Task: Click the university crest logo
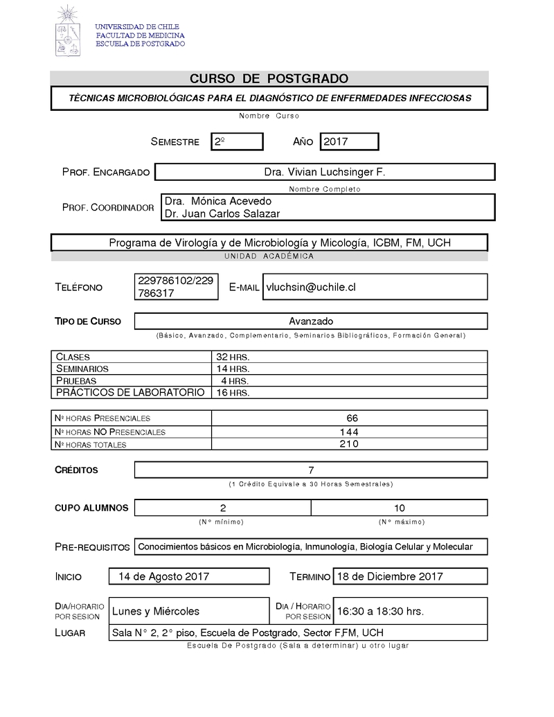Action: click(69, 32)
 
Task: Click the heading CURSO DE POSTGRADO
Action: click(269, 79)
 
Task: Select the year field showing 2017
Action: click(348, 141)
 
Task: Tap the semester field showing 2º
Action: click(236, 141)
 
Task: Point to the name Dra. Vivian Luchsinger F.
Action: click(324, 172)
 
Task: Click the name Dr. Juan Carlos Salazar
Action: click(222, 214)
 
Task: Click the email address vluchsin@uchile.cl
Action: click(311, 287)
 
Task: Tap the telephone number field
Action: click(176, 287)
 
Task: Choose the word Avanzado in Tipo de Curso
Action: click(311, 321)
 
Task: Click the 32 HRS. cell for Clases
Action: click(233, 357)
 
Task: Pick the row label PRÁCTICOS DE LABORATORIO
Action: click(130, 392)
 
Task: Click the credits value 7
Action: click(311, 470)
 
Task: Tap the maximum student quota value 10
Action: click(399, 508)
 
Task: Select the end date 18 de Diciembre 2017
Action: click(390, 576)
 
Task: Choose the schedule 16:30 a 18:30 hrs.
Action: click(380, 611)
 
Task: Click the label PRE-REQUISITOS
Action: click(92, 547)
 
